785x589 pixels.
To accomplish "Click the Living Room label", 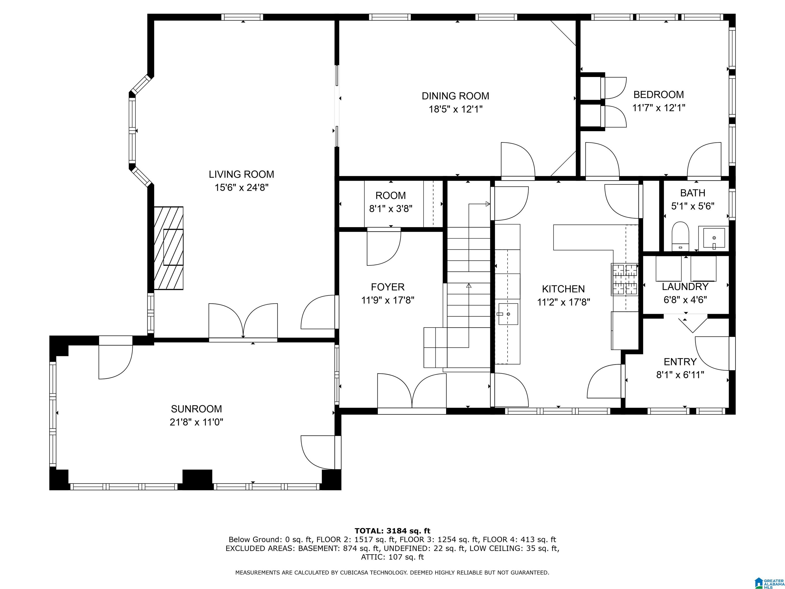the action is pyautogui.click(x=241, y=174).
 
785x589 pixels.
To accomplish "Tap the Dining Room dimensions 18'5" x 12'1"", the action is pyautogui.click(x=456, y=109).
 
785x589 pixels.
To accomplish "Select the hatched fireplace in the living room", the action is pyautogui.click(x=169, y=248).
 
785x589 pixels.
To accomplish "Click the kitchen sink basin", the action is pyautogui.click(x=508, y=314).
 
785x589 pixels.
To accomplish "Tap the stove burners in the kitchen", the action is pyautogui.click(x=624, y=279).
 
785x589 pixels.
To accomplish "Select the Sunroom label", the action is pyautogui.click(x=196, y=409).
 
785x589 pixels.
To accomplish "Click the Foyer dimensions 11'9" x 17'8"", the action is pyautogui.click(x=388, y=300).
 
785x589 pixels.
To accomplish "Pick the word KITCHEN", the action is pyautogui.click(x=563, y=289).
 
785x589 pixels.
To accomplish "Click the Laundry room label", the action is pyautogui.click(x=685, y=287).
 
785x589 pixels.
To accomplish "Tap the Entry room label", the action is pyautogui.click(x=680, y=362).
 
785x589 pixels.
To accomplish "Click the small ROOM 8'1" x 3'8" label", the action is pyautogui.click(x=391, y=202).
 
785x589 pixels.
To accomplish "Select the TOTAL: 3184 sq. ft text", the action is pyautogui.click(x=392, y=531).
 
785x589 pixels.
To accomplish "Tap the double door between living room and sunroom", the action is pyautogui.click(x=243, y=322).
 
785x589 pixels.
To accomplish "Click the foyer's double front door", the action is pyautogui.click(x=412, y=393).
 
